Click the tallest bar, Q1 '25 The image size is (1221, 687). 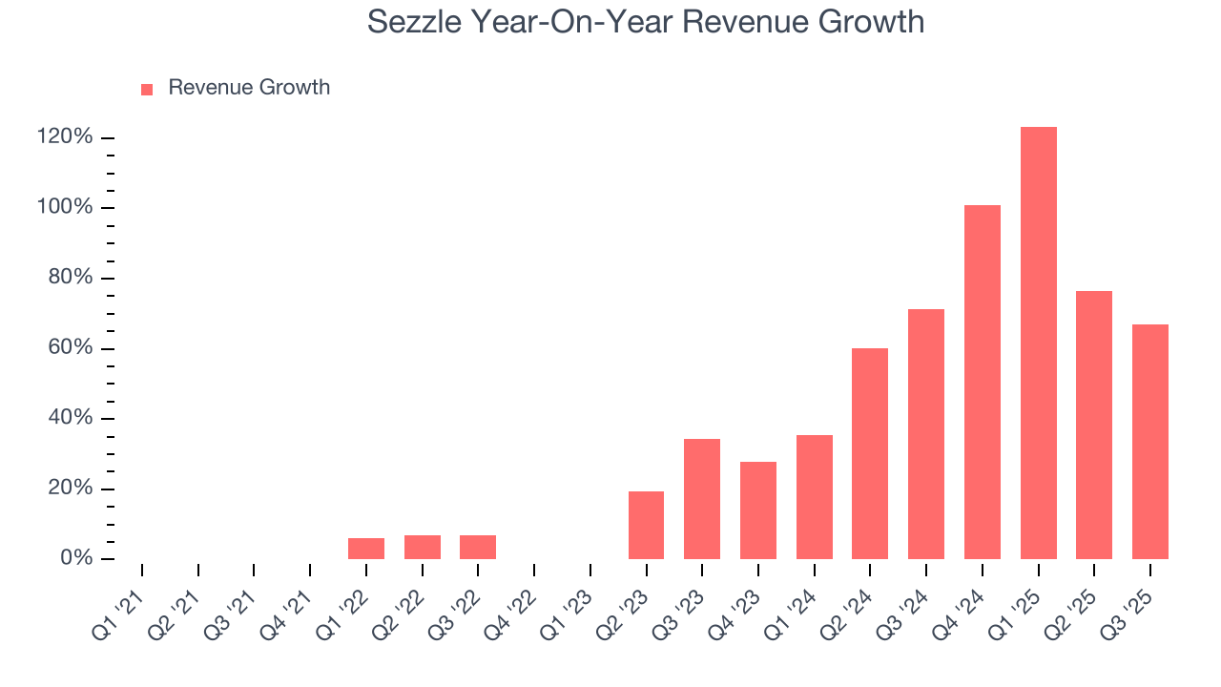tap(1038, 343)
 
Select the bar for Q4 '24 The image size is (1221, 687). tap(982, 382)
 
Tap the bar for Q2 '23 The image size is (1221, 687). tap(646, 525)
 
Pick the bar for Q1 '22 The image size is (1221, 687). tap(366, 549)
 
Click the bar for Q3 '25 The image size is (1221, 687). tap(1149, 442)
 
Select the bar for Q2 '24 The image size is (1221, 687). tap(870, 453)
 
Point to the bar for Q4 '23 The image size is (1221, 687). tap(758, 510)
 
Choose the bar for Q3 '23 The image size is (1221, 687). tap(702, 499)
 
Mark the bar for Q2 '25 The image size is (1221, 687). tap(1093, 425)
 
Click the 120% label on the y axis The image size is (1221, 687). tap(65, 137)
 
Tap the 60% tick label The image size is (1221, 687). tap(70, 348)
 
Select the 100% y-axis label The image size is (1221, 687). tap(65, 208)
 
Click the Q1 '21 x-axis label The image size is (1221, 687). tap(117, 607)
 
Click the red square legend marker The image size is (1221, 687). tap(147, 89)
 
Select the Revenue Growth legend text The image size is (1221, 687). tap(249, 88)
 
